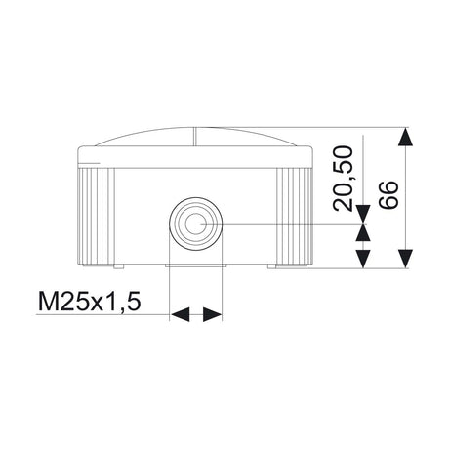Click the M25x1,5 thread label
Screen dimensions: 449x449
click(89, 302)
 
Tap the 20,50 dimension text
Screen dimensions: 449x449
click(343, 179)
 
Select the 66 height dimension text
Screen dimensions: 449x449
click(388, 194)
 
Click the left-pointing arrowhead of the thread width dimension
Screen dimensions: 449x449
click(180, 314)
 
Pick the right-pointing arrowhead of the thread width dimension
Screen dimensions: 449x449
click(213, 314)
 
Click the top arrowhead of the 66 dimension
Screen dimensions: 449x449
click(406, 137)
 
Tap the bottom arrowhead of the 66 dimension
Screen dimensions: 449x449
click(406, 259)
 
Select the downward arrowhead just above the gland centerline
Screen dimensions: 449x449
click(363, 214)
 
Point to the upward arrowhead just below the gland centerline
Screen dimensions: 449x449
click(363, 232)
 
